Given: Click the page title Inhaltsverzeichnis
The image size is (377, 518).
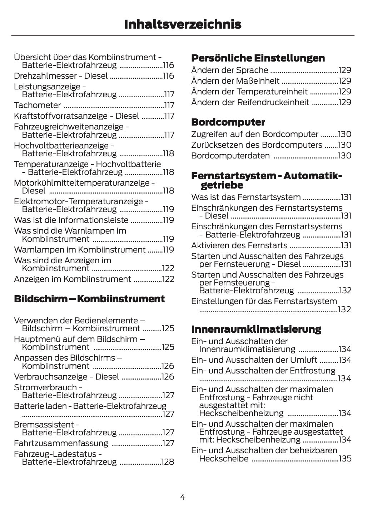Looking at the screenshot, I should [183, 24].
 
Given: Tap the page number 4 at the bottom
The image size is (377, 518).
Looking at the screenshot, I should [183, 497].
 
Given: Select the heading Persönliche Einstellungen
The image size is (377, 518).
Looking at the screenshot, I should [258, 58].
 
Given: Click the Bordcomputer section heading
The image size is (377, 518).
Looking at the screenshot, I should [228, 122].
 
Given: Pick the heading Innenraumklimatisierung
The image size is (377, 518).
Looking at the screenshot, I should [256, 329].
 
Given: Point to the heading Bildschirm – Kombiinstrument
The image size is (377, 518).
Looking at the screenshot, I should [89, 299].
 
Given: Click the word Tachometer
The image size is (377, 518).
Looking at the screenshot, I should [38, 105].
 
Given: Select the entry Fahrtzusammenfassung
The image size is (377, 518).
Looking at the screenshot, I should [61, 443].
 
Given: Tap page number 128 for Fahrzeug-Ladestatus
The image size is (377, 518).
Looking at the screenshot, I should [168, 462].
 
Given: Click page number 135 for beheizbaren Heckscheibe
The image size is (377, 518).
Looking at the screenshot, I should [345, 459].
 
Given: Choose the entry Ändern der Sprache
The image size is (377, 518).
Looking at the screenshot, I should [229, 70].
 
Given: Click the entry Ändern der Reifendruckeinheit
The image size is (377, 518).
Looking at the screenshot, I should [250, 102].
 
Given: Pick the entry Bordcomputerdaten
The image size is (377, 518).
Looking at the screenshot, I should [230, 156].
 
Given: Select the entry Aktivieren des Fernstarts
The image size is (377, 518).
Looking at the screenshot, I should [239, 245].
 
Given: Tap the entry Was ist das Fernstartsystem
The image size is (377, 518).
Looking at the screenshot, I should [246, 197].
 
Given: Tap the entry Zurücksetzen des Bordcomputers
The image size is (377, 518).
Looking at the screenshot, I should [257, 145].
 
